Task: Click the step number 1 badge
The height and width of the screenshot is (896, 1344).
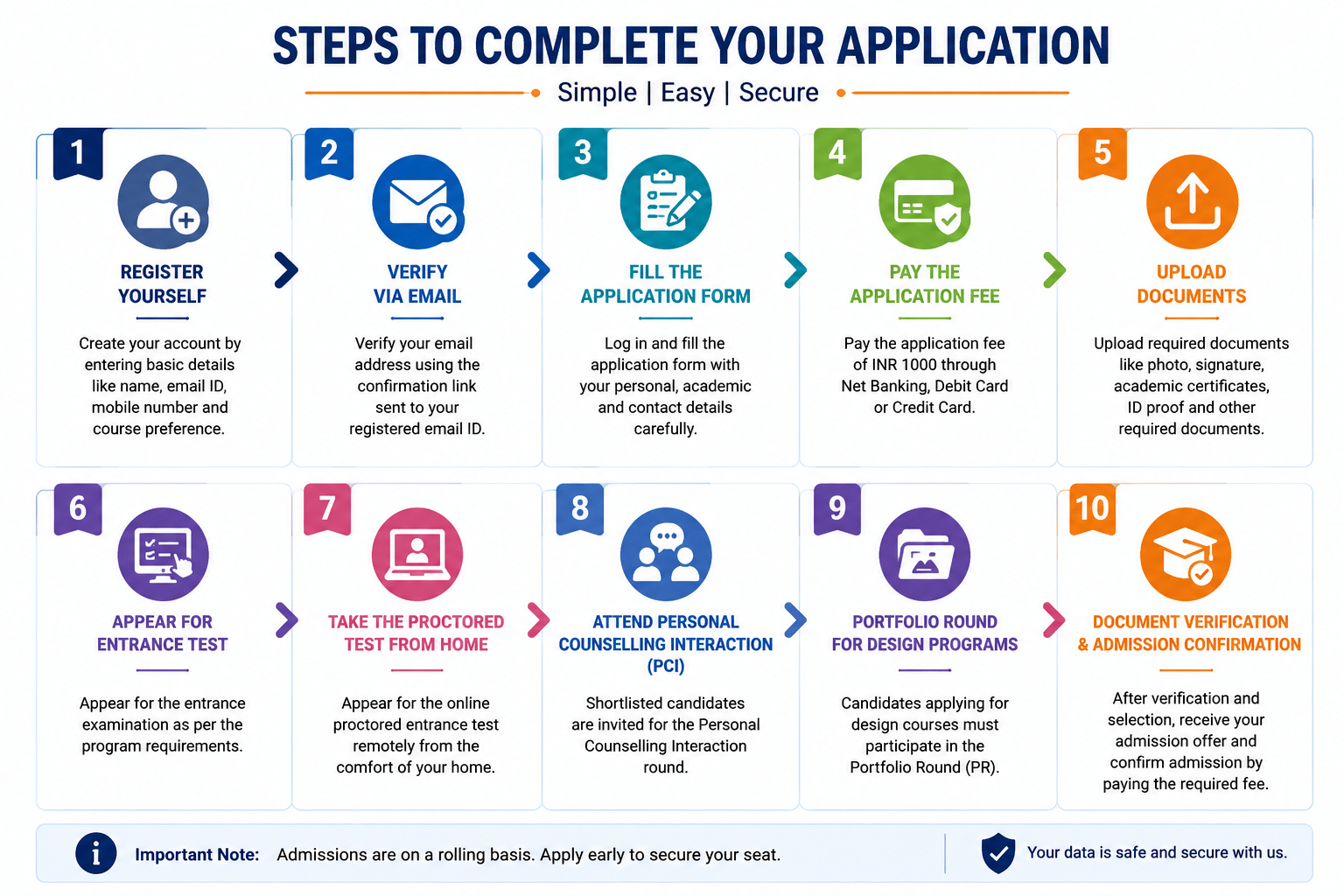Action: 78,153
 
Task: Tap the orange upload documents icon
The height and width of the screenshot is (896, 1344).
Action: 1192,201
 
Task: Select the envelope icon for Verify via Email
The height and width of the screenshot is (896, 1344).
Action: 418,201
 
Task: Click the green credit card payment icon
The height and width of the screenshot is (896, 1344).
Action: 925,201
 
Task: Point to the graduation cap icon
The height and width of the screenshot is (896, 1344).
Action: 1186,554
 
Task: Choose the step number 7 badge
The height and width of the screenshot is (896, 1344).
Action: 327,509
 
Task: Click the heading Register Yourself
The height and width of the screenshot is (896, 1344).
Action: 162,283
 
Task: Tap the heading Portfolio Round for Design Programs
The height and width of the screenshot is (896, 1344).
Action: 925,633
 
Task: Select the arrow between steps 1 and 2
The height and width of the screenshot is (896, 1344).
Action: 286,270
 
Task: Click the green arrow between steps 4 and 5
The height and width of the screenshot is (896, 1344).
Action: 1054,270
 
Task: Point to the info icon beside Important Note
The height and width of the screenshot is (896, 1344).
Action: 96,853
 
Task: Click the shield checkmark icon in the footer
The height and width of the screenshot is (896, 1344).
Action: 998,853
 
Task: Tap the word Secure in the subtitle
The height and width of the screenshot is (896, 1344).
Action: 778,93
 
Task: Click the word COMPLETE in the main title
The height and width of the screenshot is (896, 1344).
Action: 586,45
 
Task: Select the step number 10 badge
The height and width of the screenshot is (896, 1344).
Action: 1093,509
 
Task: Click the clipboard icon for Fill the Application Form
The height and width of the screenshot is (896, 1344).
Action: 666,201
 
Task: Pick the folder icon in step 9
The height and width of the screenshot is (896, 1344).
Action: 925,554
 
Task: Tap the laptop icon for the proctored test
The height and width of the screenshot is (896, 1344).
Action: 417,554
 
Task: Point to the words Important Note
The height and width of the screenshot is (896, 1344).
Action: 197,854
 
